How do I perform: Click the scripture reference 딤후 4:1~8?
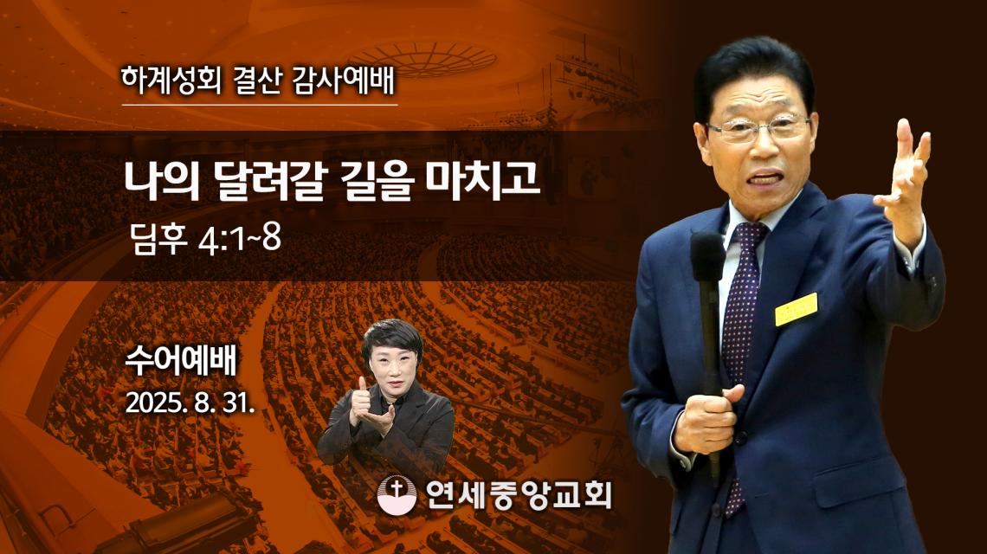point(206,239)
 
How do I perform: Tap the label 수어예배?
point(181,361)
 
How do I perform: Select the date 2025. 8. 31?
point(190,403)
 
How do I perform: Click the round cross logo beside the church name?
point(397,494)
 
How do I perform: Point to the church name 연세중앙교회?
point(519,494)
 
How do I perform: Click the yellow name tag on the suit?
point(796,309)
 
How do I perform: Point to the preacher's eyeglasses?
point(758,128)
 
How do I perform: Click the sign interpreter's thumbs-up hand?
point(362,403)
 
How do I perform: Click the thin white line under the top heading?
point(260,105)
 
